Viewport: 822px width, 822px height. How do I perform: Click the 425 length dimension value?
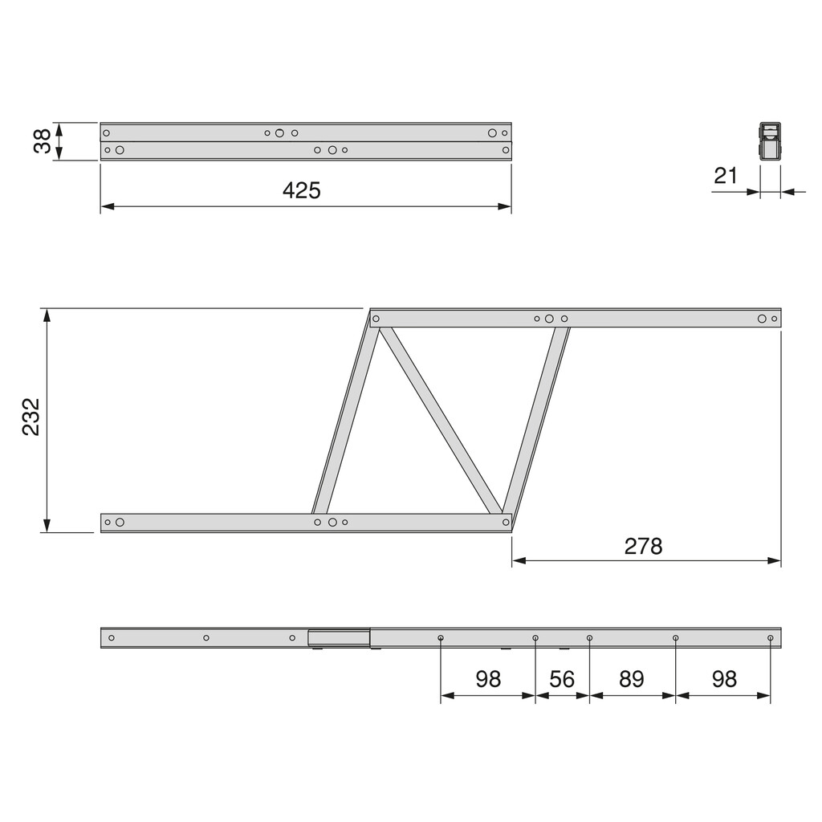[x=302, y=190]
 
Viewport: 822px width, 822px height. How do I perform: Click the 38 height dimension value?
[x=43, y=141]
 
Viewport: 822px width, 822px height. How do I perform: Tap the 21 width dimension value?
[x=726, y=175]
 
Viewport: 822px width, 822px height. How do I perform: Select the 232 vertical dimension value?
[x=31, y=417]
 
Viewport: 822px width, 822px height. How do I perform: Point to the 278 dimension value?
[x=644, y=546]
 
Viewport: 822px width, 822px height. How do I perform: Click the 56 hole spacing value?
[x=562, y=679]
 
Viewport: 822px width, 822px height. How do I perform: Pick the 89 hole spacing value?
[x=632, y=679]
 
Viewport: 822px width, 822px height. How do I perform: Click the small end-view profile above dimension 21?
[x=770, y=143]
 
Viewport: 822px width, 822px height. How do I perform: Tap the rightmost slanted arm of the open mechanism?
[x=535, y=421]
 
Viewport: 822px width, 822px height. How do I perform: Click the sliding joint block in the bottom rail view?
[x=339, y=638]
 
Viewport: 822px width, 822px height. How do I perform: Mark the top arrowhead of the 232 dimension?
[x=47, y=314]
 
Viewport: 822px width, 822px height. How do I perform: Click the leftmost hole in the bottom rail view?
[x=112, y=638]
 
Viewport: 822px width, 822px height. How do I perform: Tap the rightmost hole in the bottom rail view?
[x=770, y=638]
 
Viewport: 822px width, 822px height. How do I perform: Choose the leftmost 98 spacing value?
[x=488, y=679]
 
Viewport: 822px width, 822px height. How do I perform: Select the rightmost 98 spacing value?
[x=724, y=679]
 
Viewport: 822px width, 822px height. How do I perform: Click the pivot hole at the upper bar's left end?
[x=376, y=319]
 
